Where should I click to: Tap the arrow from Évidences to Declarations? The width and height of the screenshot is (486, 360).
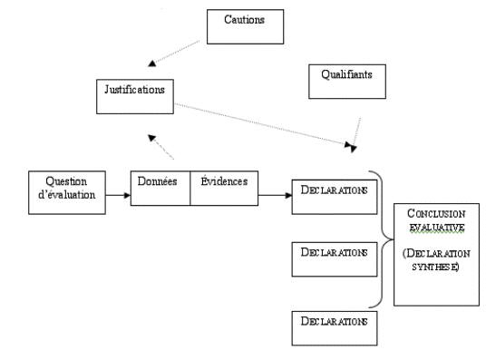click(x=273, y=194)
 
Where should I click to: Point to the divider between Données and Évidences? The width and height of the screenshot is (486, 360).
click(x=190, y=188)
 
